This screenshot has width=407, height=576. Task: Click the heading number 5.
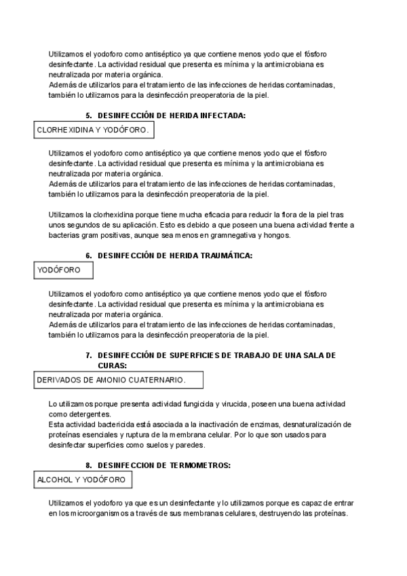[x=89, y=115]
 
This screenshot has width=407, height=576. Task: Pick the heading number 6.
[x=89, y=255]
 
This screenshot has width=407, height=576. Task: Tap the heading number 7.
[x=89, y=355]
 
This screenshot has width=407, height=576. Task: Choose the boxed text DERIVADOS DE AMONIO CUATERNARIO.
[x=111, y=380]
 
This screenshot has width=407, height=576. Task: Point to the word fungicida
[x=196, y=404]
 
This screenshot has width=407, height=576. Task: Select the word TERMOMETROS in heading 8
[x=200, y=465]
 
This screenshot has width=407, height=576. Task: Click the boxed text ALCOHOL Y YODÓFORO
[x=81, y=480]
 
